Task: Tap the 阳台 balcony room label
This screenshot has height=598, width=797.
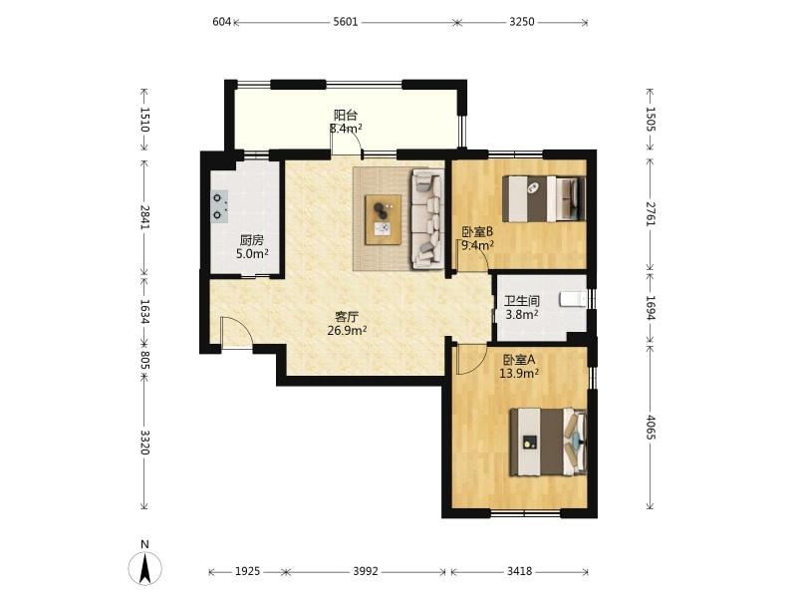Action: (345, 115)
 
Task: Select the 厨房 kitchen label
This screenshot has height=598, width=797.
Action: (252, 240)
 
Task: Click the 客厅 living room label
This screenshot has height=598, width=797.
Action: (347, 317)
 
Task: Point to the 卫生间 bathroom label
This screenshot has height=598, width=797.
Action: (521, 301)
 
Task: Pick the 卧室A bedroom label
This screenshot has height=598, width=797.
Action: (518, 360)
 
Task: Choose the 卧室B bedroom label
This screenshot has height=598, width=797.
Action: (477, 232)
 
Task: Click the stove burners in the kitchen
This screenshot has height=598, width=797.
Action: (219, 206)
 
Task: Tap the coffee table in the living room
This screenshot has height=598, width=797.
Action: (383, 219)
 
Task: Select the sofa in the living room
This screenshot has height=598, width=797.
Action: (427, 218)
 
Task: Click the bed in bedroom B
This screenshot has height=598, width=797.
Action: (544, 198)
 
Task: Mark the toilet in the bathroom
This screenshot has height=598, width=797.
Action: (573, 299)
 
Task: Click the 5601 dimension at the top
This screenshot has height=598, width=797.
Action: (346, 22)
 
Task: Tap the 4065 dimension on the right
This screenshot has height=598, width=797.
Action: (651, 428)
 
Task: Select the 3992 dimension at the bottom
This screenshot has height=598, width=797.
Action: (366, 571)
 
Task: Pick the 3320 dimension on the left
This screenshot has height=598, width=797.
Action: (144, 443)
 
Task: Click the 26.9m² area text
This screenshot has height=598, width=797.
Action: (347, 331)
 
